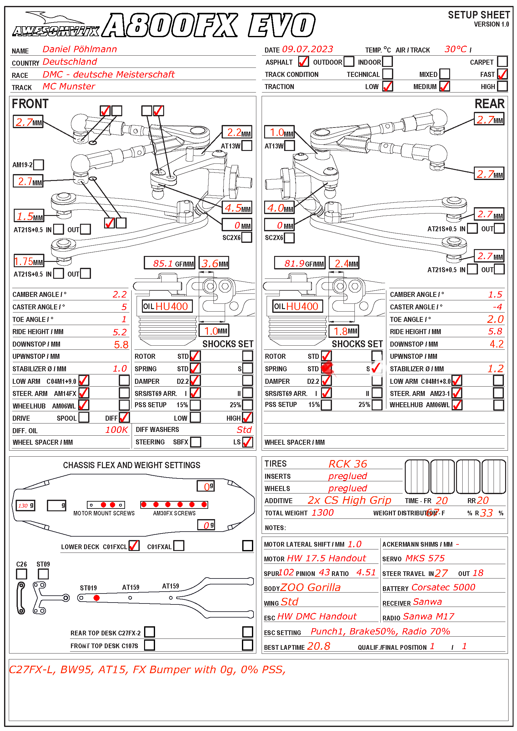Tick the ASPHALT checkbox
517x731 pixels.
(303, 62)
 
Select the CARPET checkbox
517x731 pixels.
(502, 62)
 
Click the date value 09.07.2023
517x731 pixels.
(308, 49)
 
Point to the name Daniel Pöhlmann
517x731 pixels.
(80, 49)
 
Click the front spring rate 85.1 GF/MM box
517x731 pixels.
(169, 263)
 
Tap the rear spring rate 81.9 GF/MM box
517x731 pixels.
(299, 263)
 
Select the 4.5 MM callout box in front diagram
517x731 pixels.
(237, 208)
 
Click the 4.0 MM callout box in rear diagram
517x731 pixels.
(279, 208)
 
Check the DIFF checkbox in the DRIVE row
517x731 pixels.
(124, 418)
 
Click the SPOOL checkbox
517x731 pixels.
(84, 418)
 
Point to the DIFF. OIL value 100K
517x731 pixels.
(117, 430)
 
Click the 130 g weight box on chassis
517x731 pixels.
(25, 505)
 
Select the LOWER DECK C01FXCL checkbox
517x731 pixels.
(134, 546)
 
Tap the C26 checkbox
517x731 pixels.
(21, 574)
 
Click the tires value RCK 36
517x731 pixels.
(348, 464)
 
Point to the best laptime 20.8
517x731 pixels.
(318, 646)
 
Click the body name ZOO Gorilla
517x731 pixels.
(310, 588)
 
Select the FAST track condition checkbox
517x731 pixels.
(502, 74)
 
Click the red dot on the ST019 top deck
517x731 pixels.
(97, 598)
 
